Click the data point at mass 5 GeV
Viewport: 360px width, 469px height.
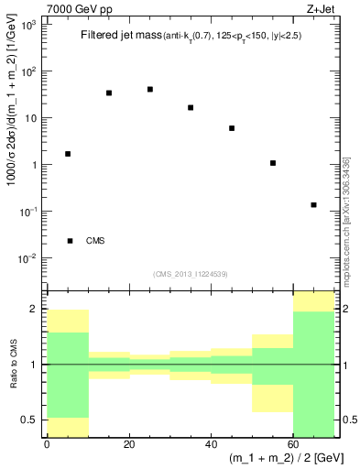tap(68, 154)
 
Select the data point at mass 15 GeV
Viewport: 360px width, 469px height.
tap(109, 93)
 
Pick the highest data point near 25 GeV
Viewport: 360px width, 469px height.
tap(150, 89)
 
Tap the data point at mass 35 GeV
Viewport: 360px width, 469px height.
tap(191, 107)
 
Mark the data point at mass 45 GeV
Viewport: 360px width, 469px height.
tap(232, 128)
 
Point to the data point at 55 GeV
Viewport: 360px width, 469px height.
tap(273, 163)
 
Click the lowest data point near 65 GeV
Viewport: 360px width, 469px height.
tap(313, 205)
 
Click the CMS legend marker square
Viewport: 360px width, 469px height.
tap(71, 241)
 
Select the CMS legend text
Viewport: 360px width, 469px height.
tap(95, 241)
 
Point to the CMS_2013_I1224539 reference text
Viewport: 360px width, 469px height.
tap(191, 273)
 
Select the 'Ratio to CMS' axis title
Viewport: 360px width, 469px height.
tap(12, 365)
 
